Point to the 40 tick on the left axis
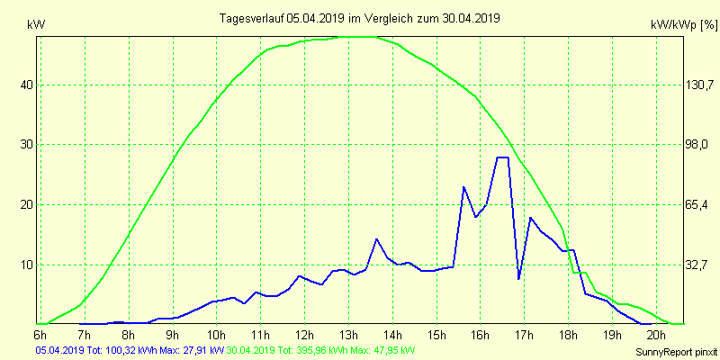point(27,85)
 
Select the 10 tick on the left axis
point(27,265)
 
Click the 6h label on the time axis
point(40,335)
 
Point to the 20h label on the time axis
point(657,335)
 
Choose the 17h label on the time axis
point(525,335)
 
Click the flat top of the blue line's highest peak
point(502,157)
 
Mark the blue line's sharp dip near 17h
point(519,279)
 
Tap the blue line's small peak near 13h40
point(376,239)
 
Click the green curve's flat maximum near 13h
point(355,37)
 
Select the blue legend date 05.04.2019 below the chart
point(59,349)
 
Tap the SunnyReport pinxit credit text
point(671,350)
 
